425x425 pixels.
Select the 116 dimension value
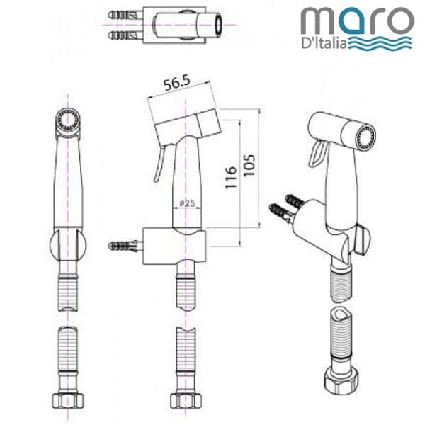231,178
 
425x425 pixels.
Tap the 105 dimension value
249,165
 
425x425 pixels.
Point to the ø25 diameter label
187,203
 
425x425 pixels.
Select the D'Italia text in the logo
324,44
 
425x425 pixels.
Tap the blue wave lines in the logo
380,43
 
